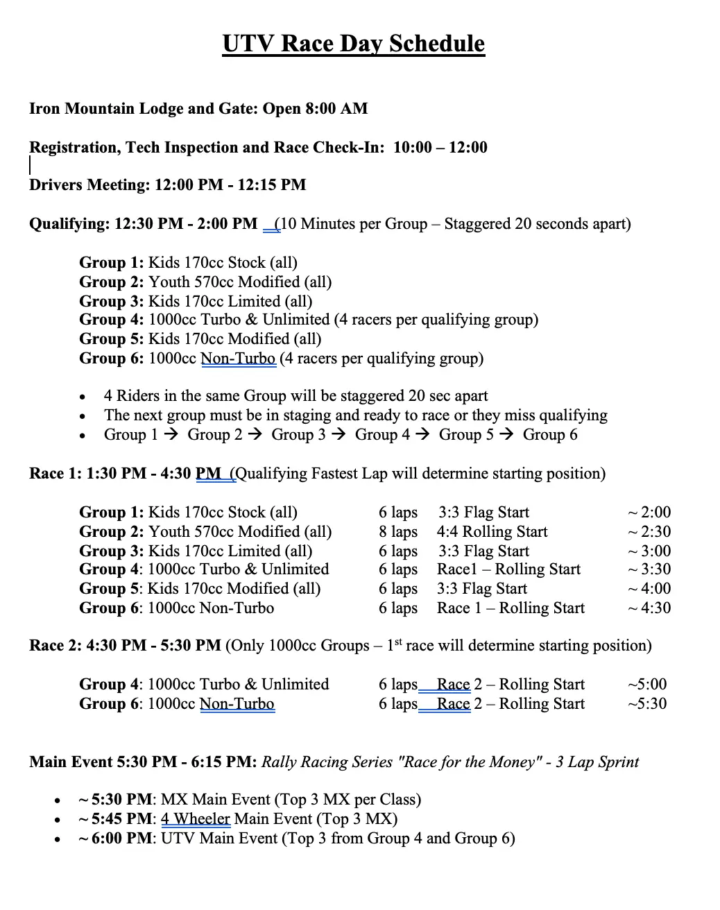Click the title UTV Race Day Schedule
[354, 44]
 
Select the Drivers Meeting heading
[88, 185]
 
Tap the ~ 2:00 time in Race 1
[649, 513]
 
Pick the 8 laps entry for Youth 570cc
[398, 532]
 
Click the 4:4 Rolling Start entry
[492, 532]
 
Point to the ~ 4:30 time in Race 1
[649, 608]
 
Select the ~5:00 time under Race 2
[647, 685]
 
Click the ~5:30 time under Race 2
[647, 704]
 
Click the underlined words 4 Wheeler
[196, 819]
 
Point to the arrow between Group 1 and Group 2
[173, 435]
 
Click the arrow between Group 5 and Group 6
[507, 435]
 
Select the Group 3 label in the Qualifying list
[111, 302]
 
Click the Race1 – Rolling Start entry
[508, 569]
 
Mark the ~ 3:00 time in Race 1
[649, 551]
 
